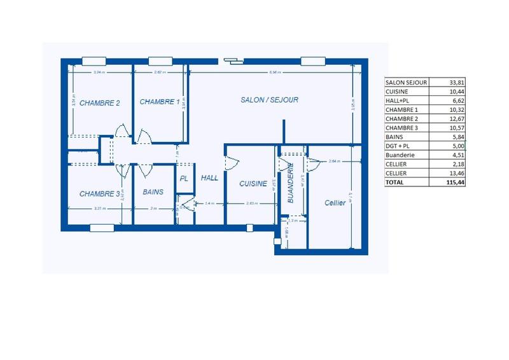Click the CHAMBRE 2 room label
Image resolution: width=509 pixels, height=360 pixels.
[100, 103]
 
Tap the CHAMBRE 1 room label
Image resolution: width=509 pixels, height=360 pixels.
[160, 102]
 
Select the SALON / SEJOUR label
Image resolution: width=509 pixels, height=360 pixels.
[269, 100]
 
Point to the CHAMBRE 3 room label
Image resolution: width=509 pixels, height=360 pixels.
[100, 193]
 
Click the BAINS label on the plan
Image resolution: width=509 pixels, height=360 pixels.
[153, 191]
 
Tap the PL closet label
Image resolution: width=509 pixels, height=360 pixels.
[184, 179]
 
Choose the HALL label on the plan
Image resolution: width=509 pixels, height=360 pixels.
[209, 178]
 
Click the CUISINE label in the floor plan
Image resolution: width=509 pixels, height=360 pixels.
[253, 183]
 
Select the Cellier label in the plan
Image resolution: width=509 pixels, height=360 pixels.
[335, 203]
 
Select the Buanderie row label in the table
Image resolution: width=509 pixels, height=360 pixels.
[400, 155]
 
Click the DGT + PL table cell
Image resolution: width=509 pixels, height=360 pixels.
[398, 146]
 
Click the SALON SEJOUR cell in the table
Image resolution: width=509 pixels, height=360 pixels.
[406, 82]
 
